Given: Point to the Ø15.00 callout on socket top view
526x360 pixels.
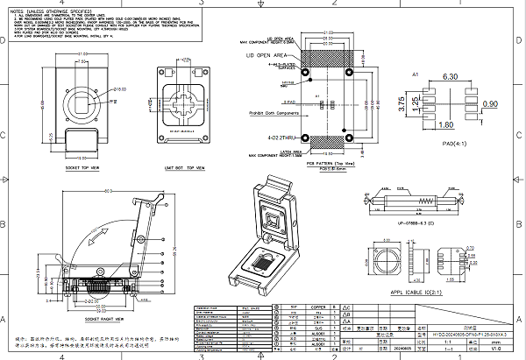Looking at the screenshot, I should click(120, 88).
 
